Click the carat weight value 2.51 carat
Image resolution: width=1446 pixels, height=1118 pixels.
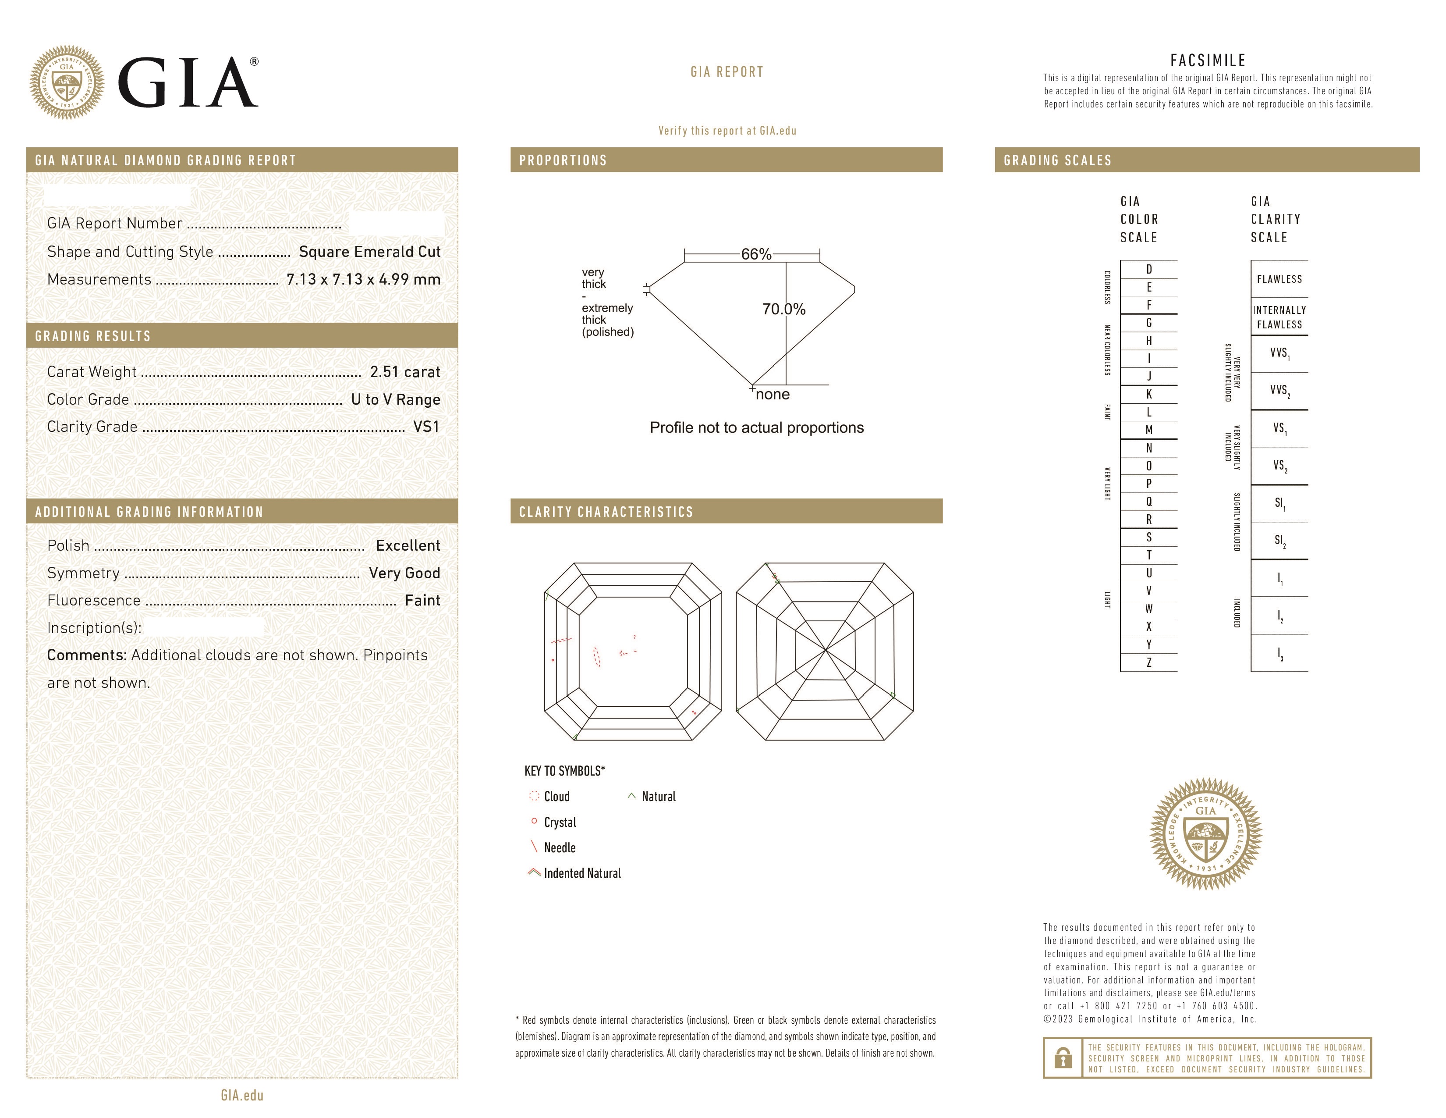[x=404, y=372]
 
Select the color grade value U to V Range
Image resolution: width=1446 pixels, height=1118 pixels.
[x=395, y=400]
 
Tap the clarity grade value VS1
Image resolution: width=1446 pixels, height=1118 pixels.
[x=426, y=427]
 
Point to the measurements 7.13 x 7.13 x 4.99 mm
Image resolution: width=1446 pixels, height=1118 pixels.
[x=363, y=280]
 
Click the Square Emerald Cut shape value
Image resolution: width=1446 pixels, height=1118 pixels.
[x=369, y=252]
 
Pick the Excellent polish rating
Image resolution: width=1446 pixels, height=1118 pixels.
[x=408, y=546]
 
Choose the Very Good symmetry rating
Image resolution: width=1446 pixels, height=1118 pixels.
[x=404, y=573]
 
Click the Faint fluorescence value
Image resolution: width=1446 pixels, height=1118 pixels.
[x=422, y=601]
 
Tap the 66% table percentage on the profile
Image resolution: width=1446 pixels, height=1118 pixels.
[x=756, y=254]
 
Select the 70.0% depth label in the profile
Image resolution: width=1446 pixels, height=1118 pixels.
[x=784, y=309]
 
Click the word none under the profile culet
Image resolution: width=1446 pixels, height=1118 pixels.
[x=773, y=395]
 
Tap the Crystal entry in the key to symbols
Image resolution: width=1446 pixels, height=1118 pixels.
[x=560, y=822]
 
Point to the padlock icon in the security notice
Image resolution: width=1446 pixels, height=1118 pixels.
[x=1063, y=1058]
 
